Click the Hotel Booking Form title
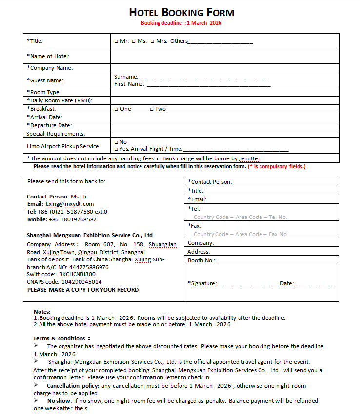181,13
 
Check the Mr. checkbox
116,41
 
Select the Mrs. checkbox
153,41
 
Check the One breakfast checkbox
116,109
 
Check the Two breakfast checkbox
151,109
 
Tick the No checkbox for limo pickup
116,142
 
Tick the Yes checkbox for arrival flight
116,149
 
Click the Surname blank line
204,78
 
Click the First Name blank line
208,85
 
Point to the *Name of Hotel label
48,56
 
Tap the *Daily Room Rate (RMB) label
60,100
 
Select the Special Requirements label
56,134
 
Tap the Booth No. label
201,260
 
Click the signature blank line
247,284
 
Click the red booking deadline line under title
181,23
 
